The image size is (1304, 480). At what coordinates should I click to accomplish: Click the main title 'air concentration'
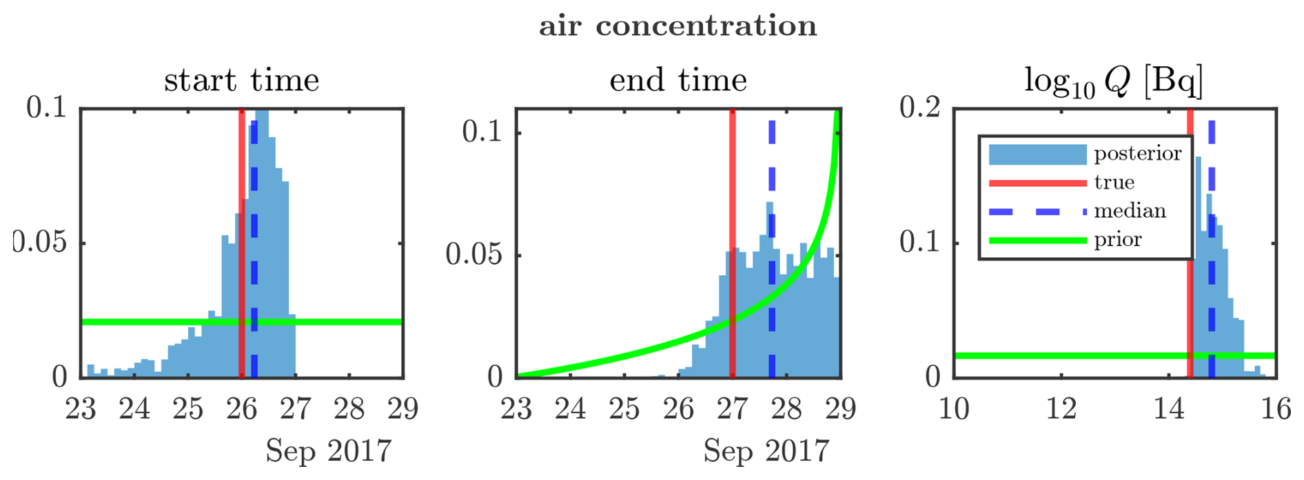click(678, 26)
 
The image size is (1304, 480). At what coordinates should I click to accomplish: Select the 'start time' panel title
click(242, 81)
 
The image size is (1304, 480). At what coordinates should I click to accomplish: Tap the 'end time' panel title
click(678, 81)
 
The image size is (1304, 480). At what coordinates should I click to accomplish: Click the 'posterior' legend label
click(1138, 154)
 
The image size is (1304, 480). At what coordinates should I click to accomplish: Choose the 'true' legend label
click(1114, 182)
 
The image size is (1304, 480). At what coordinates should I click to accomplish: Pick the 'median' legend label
click(1130, 210)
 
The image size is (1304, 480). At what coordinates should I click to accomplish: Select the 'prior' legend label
click(1118, 240)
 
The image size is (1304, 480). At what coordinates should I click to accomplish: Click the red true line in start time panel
click(241, 243)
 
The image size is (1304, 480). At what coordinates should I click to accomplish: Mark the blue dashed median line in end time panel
click(771, 249)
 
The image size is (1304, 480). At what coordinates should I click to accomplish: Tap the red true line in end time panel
click(732, 243)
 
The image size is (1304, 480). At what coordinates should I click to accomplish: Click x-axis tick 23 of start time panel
click(81, 409)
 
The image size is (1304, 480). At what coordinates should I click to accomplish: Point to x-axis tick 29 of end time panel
click(840, 409)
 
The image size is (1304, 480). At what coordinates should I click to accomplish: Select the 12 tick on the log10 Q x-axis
click(1061, 409)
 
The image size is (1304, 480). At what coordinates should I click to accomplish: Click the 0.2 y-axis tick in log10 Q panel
click(920, 108)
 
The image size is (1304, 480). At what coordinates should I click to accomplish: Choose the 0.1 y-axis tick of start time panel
click(47, 108)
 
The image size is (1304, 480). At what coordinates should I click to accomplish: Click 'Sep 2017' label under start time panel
click(329, 452)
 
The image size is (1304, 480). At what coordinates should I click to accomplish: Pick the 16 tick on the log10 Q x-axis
click(1276, 409)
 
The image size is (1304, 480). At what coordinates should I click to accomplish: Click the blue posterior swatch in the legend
click(1037, 154)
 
